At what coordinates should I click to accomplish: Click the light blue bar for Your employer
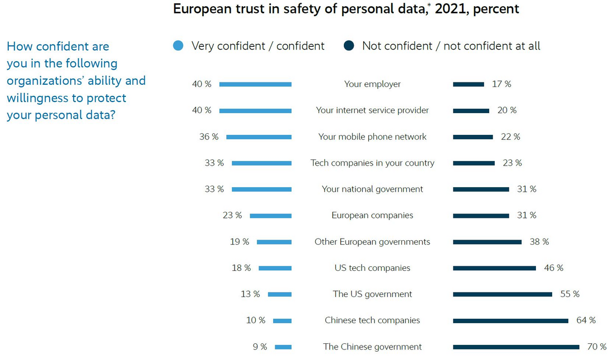click(x=255, y=84)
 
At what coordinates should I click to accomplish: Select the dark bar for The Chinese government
click(x=516, y=347)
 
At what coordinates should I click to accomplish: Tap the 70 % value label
click(x=597, y=347)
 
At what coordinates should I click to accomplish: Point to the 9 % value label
click(x=260, y=347)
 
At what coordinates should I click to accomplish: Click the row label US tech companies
click(x=372, y=268)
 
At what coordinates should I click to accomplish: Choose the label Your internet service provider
click(x=372, y=110)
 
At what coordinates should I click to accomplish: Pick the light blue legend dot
click(x=178, y=46)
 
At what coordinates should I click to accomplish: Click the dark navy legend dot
click(x=349, y=46)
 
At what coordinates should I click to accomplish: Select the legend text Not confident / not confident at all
click(x=451, y=46)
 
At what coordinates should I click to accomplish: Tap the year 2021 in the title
click(x=451, y=9)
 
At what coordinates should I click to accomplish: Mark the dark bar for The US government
click(x=503, y=294)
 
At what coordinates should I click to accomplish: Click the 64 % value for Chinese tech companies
click(x=586, y=320)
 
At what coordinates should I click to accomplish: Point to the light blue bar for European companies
click(x=271, y=216)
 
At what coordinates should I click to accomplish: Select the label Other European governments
click(x=372, y=242)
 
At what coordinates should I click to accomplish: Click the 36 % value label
click(x=209, y=137)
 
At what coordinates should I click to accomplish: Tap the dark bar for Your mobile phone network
click(x=473, y=137)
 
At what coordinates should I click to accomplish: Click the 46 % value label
click(x=554, y=268)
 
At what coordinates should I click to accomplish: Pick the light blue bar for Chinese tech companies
click(x=282, y=320)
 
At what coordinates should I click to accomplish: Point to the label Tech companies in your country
click(x=372, y=163)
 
